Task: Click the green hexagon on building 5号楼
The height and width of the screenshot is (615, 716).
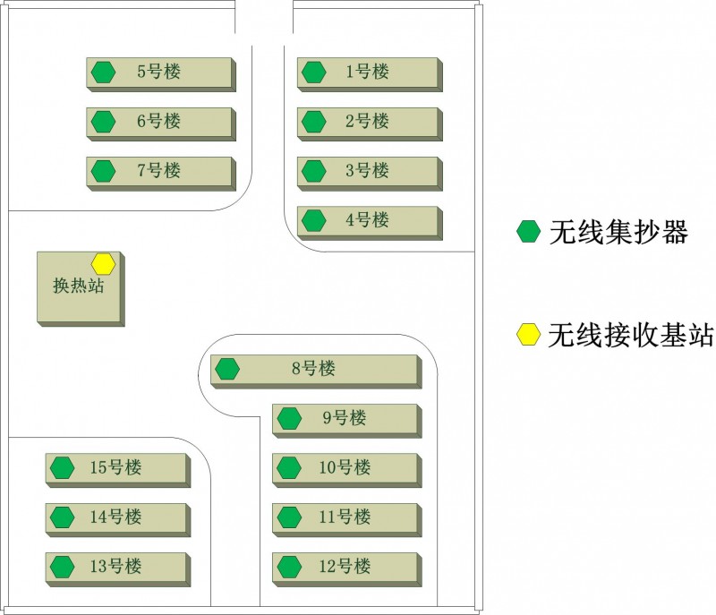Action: pyautogui.click(x=104, y=72)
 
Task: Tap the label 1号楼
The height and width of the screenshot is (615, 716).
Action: pyautogui.click(x=368, y=72)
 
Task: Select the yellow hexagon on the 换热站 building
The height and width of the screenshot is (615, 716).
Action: pyautogui.click(x=104, y=263)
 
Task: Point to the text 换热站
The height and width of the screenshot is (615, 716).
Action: pyautogui.click(x=78, y=286)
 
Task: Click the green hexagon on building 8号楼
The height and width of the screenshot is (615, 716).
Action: pyautogui.click(x=227, y=368)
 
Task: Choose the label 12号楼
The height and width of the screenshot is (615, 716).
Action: pyautogui.click(x=345, y=566)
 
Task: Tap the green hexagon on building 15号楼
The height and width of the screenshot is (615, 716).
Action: pyautogui.click(x=62, y=467)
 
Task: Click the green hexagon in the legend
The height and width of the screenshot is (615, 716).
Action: pyautogui.click(x=529, y=233)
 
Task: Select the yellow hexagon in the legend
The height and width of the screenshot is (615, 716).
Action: pyautogui.click(x=529, y=335)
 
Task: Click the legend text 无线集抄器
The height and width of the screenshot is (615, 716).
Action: pyautogui.click(x=618, y=233)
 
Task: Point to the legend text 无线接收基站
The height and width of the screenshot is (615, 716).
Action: pyautogui.click(x=630, y=335)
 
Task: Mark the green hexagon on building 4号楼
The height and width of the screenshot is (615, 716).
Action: pyautogui.click(x=313, y=219)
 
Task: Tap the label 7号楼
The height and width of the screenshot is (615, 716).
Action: pyautogui.click(x=159, y=170)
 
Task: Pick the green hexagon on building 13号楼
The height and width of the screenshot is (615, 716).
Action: pyautogui.click(x=62, y=566)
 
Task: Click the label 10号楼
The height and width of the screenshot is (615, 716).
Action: pyautogui.click(x=345, y=467)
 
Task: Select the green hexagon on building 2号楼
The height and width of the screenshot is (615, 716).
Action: pyautogui.click(x=313, y=121)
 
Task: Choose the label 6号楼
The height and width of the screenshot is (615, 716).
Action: pyautogui.click(x=159, y=121)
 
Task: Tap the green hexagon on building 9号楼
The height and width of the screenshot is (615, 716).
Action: pyautogui.click(x=288, y=418)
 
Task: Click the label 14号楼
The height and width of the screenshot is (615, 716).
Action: pyautogui.click(x=116, y=517)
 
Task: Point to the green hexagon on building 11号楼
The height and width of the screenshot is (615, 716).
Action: pyautogui.click(x=288, y=517)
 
